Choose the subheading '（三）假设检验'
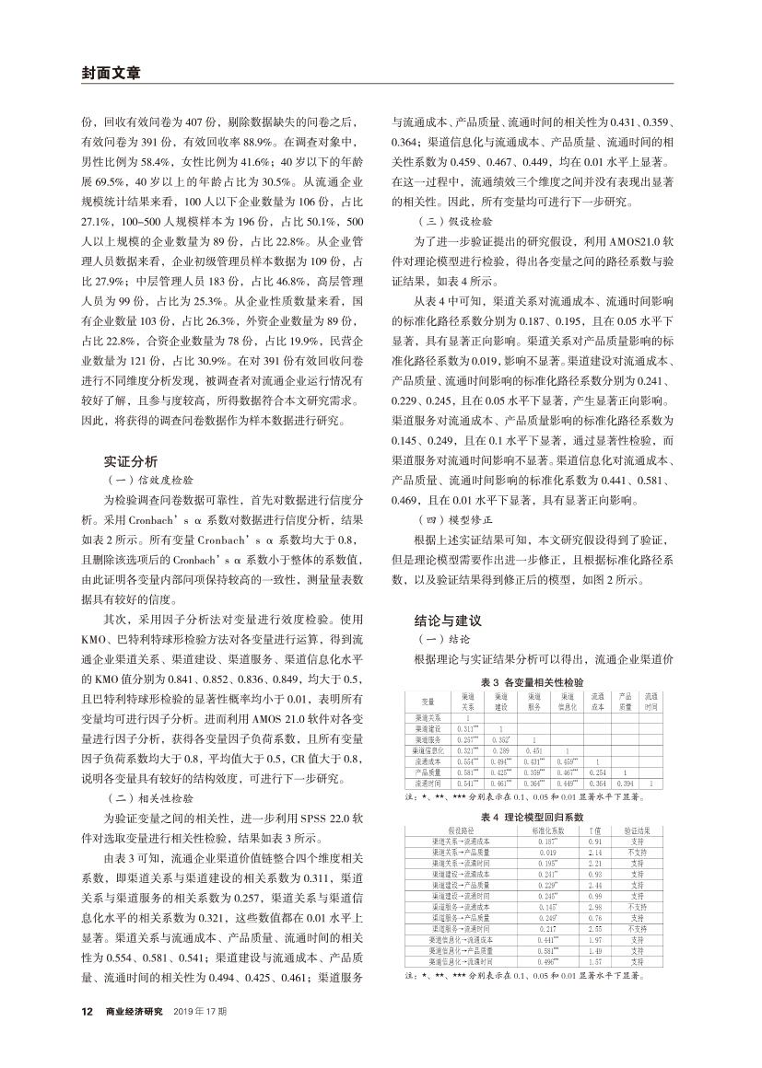(452, 222)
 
